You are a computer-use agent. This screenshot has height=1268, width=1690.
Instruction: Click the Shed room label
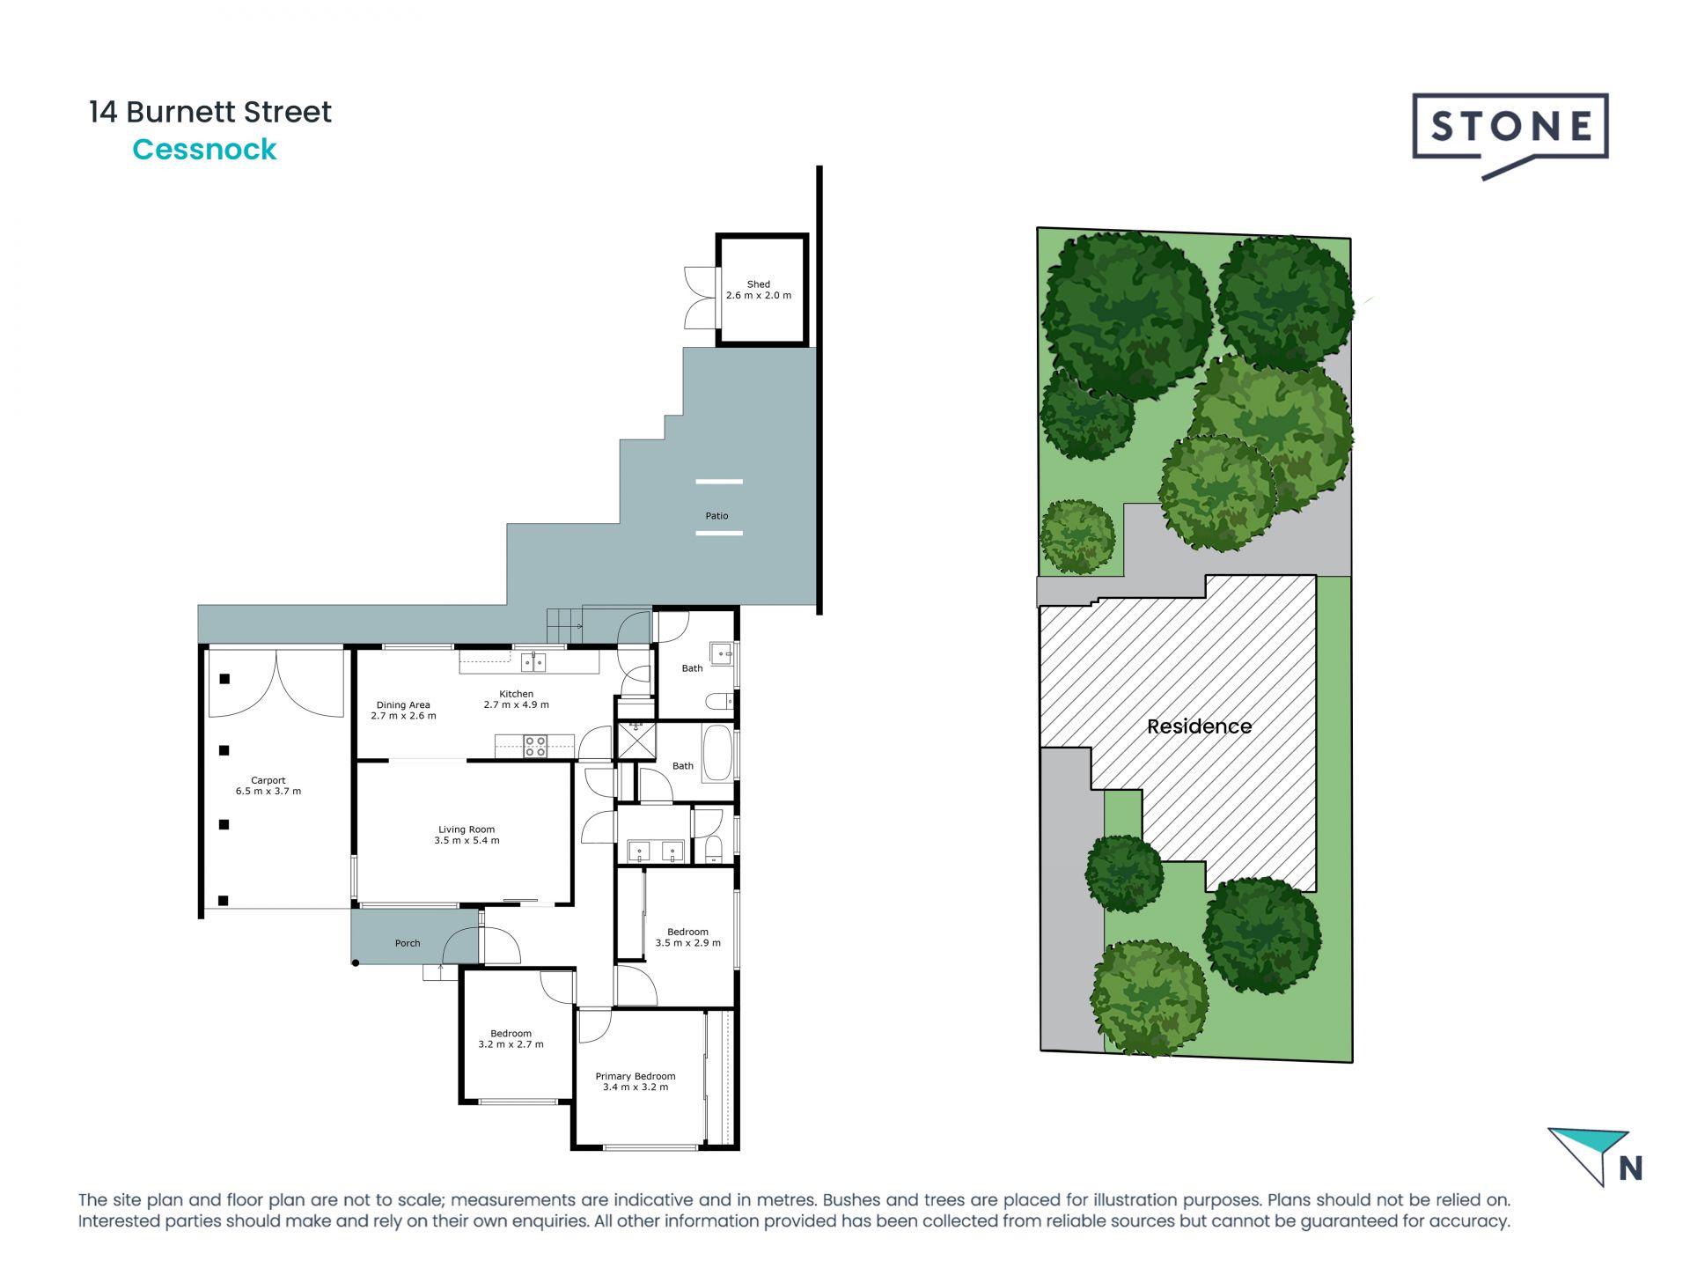(758, 290)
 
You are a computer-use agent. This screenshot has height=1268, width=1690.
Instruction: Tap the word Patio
(716, 516)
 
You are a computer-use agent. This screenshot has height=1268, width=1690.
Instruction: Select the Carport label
(268, 785)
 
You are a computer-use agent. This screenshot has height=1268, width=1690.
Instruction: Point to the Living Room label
(467, 835)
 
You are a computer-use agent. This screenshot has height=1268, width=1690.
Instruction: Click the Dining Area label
(403, 710)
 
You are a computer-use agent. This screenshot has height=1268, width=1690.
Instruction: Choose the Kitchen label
(516, 699)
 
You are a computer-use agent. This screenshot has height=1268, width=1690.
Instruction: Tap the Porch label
(407, 943)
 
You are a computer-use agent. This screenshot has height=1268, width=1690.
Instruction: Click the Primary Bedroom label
(635, 1081)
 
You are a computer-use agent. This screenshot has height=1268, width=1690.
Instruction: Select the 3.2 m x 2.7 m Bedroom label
(511, 1039)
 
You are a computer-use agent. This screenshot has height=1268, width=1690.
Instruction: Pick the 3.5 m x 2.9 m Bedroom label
(687, 937)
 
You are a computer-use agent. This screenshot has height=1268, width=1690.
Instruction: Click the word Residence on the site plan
(1199, 726)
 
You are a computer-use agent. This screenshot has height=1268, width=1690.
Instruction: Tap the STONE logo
(1510, 128)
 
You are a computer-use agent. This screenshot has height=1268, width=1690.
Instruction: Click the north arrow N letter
(1630, 1168)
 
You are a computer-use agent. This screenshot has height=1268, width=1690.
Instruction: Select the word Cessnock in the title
(204, 150)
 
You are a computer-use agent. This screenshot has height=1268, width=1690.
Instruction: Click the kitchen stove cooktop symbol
(535, 747)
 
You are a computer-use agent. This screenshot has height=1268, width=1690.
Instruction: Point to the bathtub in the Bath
(717, 752)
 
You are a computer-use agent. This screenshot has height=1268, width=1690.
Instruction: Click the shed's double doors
(701, 298)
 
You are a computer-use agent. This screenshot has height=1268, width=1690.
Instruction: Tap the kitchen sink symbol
(533, 662)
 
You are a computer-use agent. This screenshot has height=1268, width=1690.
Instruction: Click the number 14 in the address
(102, 112)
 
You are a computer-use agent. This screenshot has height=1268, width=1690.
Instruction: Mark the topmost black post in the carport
(224, 679)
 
